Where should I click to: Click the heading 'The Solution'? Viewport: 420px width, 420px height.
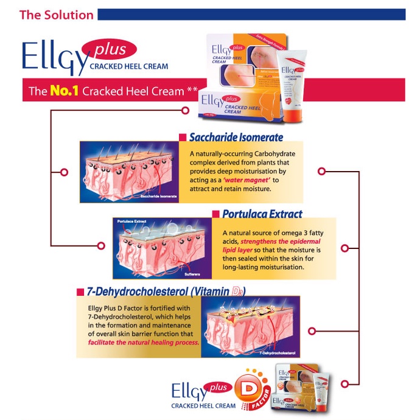pos(56,15)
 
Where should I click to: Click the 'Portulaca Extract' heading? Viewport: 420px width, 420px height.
pos(262,214)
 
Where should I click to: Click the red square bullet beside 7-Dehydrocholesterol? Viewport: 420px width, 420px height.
pos(80,291)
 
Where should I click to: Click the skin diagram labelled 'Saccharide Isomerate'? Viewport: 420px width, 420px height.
pos(130,172)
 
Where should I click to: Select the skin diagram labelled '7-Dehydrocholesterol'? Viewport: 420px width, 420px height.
pos(249,327)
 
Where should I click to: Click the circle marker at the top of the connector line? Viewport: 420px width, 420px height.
pos(186,110)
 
